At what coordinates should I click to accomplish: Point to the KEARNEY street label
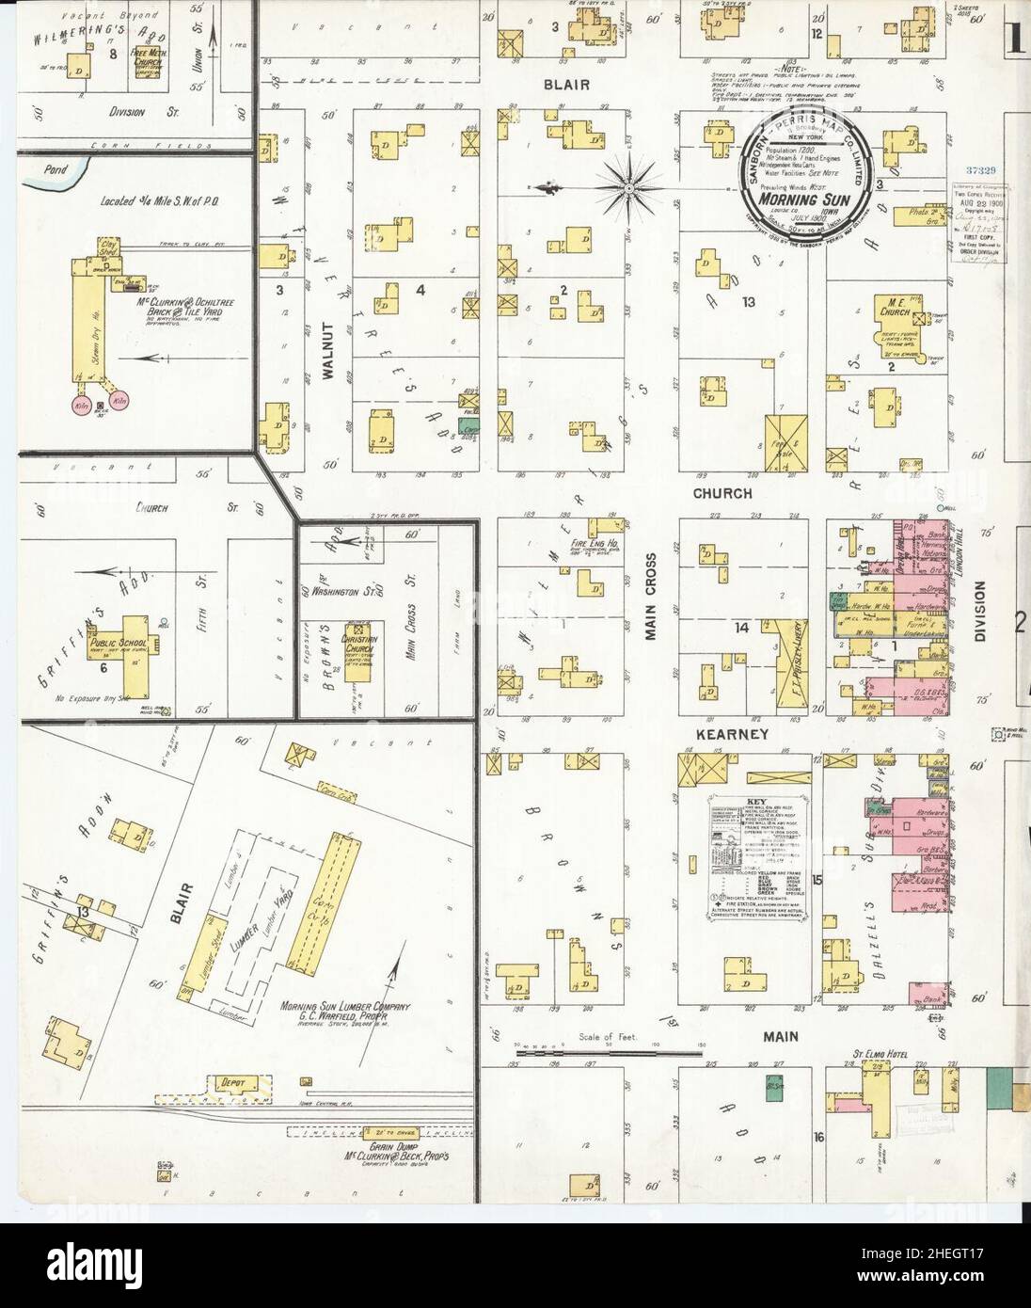tap(733, 733)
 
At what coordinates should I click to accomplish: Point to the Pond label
tap(41, 171)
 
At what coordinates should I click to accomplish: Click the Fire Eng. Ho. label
tap(589, 543)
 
